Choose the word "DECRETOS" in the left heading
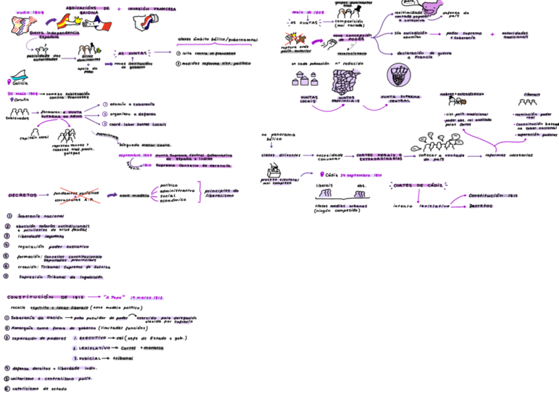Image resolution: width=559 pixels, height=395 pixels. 23,195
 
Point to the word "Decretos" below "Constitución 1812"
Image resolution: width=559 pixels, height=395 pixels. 481,206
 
